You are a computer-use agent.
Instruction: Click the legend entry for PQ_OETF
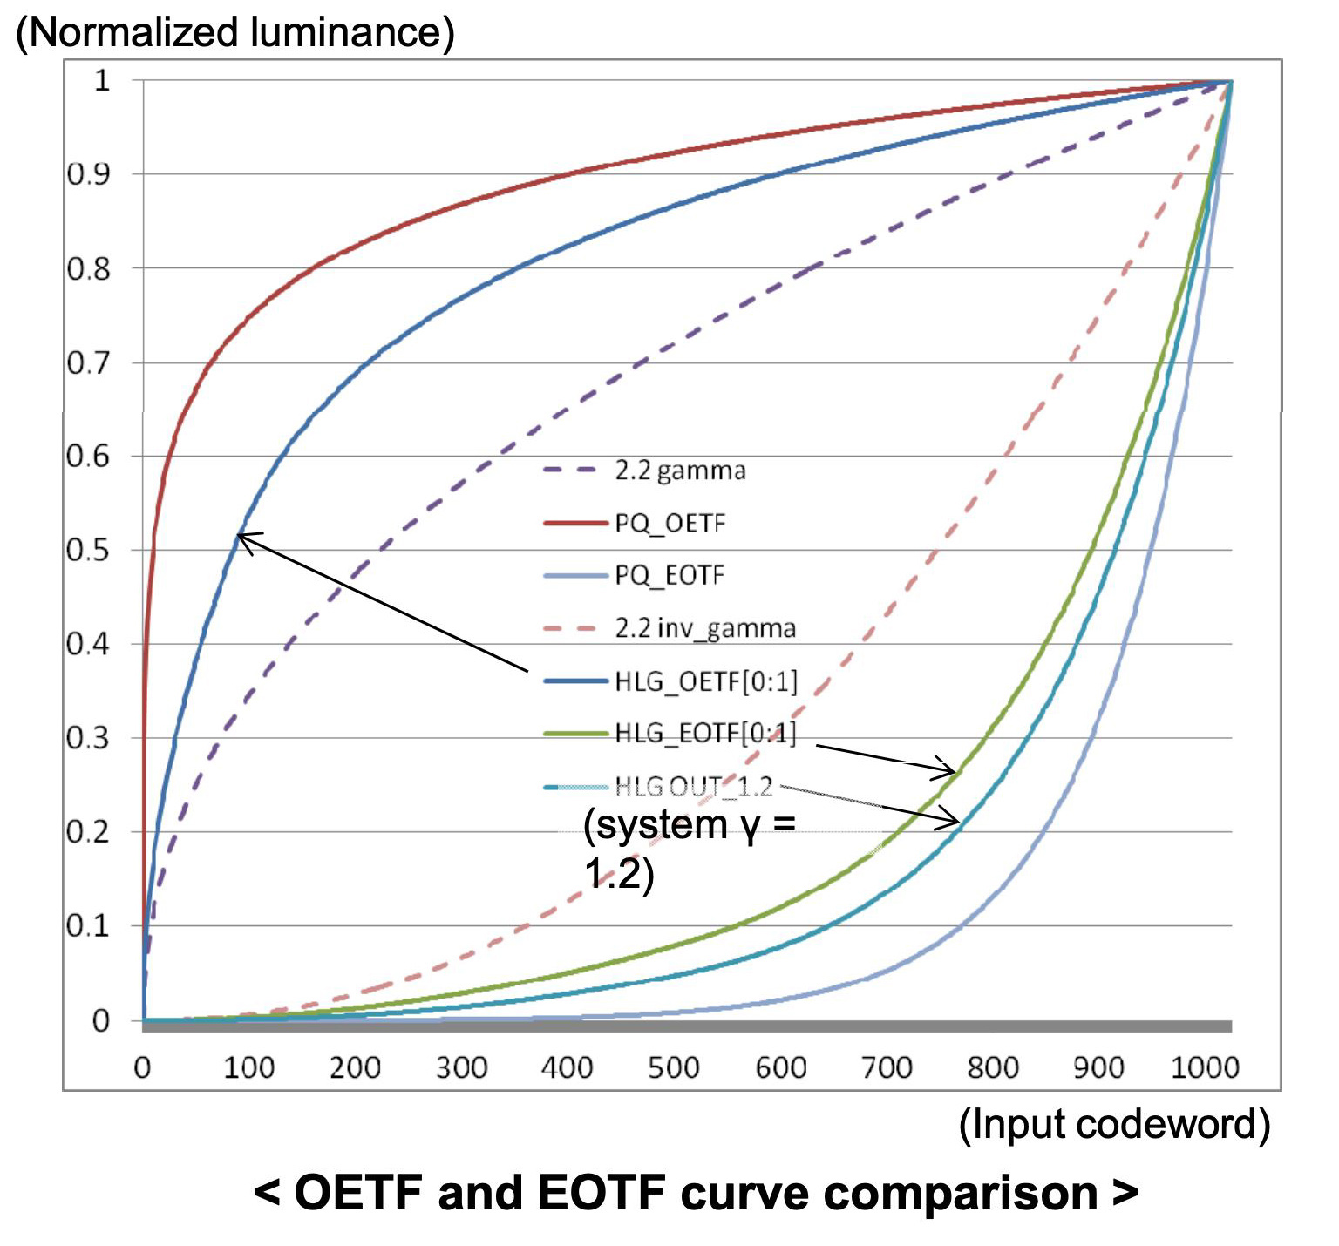click(x=669, y=524)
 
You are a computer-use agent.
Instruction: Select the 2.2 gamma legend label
click(x=680, y=471)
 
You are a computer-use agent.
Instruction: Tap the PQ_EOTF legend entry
click(x=669, y=576)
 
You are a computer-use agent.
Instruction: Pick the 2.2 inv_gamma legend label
click(x=704, y=628)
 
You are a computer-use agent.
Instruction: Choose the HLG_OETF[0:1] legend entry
click(x=706, y=681)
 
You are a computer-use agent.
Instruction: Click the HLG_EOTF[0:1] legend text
click(x=705, y=734)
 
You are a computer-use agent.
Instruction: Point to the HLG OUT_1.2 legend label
click(x=694, y=787)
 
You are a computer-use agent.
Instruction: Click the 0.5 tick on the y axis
click(x=88, y=551)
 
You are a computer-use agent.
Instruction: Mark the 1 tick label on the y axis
click(x=102, y=81)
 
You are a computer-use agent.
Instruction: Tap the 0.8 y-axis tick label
click(x=88, y=269)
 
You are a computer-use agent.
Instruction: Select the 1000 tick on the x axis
click(x=1204, y=1067)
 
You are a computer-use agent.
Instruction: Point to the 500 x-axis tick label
click(x=673, y=1067)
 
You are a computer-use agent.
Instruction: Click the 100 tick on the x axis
click(x=248, y=1067)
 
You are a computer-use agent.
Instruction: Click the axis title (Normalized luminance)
click(x=235, y=33)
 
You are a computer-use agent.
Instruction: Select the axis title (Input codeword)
click(x=1114, y=1124)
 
